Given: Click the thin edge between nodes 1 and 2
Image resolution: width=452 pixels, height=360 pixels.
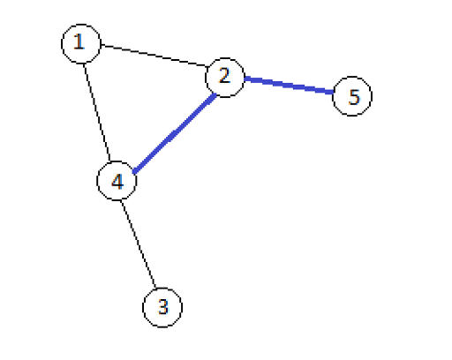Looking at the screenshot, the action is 154,56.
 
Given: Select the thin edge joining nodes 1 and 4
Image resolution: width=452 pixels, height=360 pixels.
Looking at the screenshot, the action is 97,112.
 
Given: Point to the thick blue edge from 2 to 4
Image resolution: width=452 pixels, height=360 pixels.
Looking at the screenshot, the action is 175,133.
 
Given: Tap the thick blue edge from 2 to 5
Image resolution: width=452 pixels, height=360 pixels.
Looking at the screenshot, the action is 289,86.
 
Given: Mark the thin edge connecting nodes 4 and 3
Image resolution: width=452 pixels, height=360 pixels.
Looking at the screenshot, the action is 138,244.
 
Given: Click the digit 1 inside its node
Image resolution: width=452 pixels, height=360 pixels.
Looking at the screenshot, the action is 79,41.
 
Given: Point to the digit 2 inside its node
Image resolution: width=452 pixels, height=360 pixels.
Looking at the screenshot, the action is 224,75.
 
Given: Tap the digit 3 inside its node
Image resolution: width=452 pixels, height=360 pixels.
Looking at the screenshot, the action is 163,306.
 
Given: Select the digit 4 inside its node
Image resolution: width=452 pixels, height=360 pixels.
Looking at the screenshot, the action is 117,181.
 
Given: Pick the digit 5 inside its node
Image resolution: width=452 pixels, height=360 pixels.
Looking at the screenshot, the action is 354,97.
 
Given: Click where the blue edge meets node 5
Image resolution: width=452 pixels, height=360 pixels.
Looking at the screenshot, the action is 333,92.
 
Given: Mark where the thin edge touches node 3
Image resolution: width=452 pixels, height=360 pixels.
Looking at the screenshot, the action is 155,289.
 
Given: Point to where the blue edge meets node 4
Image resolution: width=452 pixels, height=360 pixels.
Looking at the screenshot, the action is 133,172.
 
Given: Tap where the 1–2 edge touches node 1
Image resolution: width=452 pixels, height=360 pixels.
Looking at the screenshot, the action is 102,45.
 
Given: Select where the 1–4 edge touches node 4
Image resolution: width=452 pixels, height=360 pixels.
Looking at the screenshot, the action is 110,161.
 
